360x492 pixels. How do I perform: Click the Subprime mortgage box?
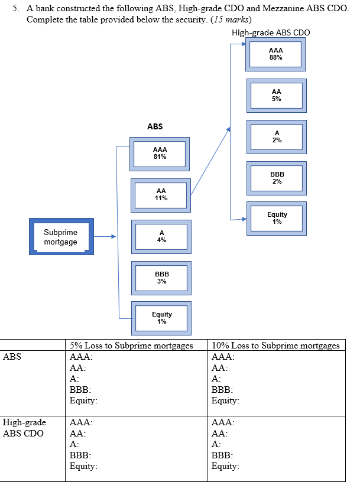point(61,237)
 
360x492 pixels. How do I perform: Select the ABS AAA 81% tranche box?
point(160,154)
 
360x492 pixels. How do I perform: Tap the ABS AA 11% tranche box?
point(161,195)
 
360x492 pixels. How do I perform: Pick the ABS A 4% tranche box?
point(161,236)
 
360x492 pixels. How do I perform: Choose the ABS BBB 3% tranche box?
point(161,278)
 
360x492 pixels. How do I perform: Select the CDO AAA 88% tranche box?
point(275,54)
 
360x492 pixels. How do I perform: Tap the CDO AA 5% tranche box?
point(276,95)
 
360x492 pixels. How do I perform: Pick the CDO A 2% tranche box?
point(277,136)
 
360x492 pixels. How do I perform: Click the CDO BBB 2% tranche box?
point(277,178)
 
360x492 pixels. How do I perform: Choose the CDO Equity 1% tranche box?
point(277,218)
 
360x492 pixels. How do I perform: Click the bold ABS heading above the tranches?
point(155,126)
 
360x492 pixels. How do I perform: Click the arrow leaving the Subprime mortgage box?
point(105,237)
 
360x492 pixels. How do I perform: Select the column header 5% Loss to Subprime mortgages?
point(131,346)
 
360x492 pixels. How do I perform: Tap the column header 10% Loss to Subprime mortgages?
point(275,346)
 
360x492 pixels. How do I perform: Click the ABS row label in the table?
point(12,357)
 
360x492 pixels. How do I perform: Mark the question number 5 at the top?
point(14,5)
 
